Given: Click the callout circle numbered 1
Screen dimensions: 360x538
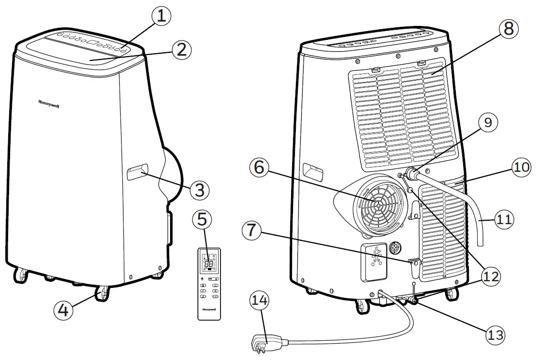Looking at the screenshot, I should (161, 16).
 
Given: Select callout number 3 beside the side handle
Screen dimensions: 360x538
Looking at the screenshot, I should (199, 191).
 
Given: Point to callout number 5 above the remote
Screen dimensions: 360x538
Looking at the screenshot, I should (202, 220).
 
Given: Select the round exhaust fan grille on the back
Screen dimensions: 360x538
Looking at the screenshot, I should (379, 204).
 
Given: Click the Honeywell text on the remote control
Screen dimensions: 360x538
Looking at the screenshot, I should (209, 309).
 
